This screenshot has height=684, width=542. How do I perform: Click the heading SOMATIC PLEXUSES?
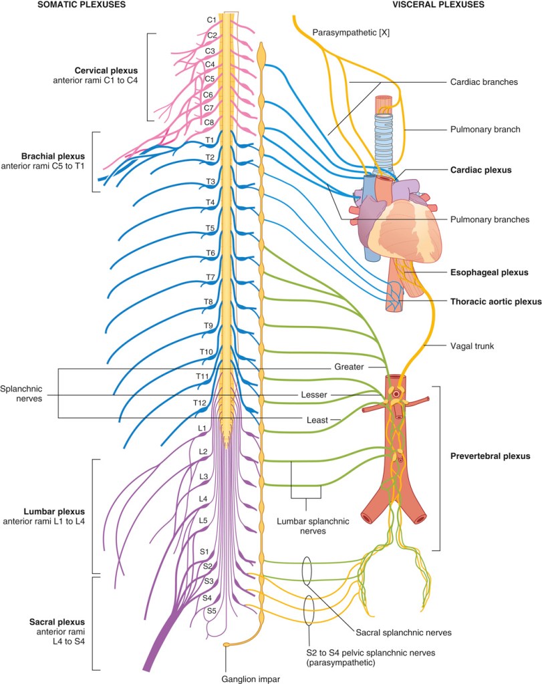coord(82,5)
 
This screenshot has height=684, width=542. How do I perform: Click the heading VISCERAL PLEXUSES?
coord(438,5)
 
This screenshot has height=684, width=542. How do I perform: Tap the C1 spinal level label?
coord(212,20)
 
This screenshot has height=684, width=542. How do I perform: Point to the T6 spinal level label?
coord(211,253)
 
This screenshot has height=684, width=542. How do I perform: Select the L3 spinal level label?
coord(203,476)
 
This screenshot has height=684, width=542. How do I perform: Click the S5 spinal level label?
coord(211,611)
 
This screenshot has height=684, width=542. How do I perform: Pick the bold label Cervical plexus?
coord(106,71)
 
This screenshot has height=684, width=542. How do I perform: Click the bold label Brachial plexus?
coord(53,156)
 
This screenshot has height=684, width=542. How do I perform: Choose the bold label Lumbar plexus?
coord(54,512)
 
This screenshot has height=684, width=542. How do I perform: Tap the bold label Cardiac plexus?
coord(481,170)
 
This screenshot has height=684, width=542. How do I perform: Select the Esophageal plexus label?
coord(489,273)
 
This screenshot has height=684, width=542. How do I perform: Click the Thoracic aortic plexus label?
coord(496,301)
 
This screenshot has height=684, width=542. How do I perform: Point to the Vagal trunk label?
coord(472,346)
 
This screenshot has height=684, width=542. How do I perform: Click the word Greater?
coord(349,367)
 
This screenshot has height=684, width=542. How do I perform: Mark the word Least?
coord(317,420)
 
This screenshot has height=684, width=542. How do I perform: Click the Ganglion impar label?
coord(251,679)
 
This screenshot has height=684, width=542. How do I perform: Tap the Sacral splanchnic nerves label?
coord(404,633)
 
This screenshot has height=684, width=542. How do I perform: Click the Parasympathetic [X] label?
coord(351,32)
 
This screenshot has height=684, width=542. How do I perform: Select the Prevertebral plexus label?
coord(490,456)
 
